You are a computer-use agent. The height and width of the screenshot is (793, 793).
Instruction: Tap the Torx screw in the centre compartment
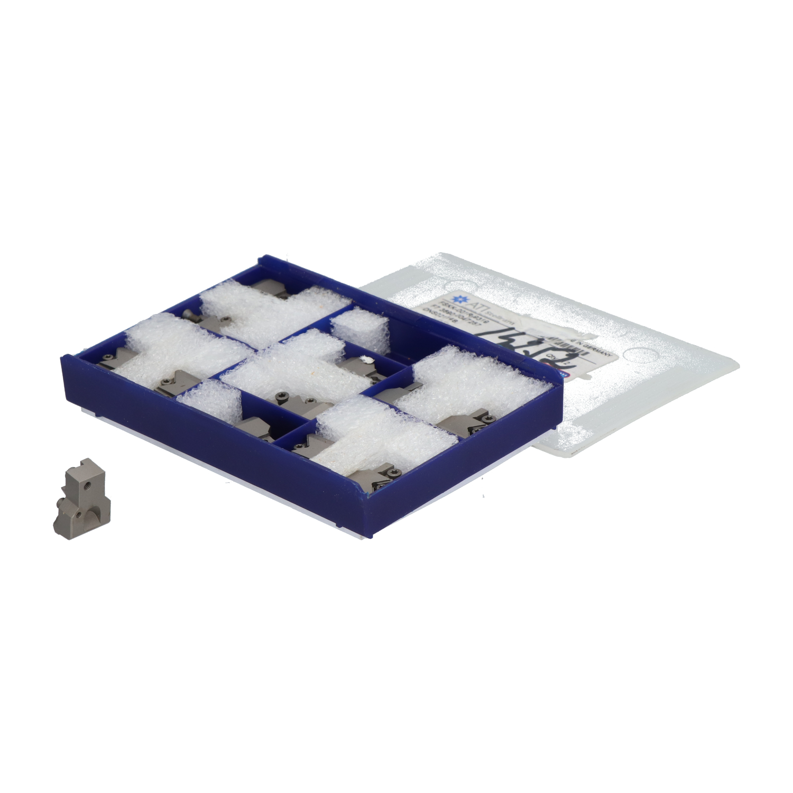click(280, 395)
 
